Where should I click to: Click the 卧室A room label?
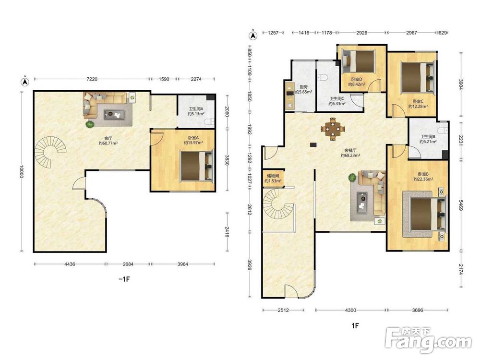tap(193, 138)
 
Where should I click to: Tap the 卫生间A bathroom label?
tap(196, 108)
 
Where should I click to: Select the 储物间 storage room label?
tap(273, 176)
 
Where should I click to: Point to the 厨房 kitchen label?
tap(300, 86)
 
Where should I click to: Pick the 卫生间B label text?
tap(428, 136)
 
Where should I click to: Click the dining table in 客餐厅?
tap(333, 129)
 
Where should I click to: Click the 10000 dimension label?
tap(21, 172)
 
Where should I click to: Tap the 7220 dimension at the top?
tap(92, 79)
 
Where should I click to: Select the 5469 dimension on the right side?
tap(461, 205)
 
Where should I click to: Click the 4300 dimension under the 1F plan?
tap(350, 310)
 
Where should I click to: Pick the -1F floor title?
tap(124, 279)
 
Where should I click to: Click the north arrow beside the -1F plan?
tap(25, 81)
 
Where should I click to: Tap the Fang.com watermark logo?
tap(428, 340)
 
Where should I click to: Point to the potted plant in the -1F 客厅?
tap(90, 124)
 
